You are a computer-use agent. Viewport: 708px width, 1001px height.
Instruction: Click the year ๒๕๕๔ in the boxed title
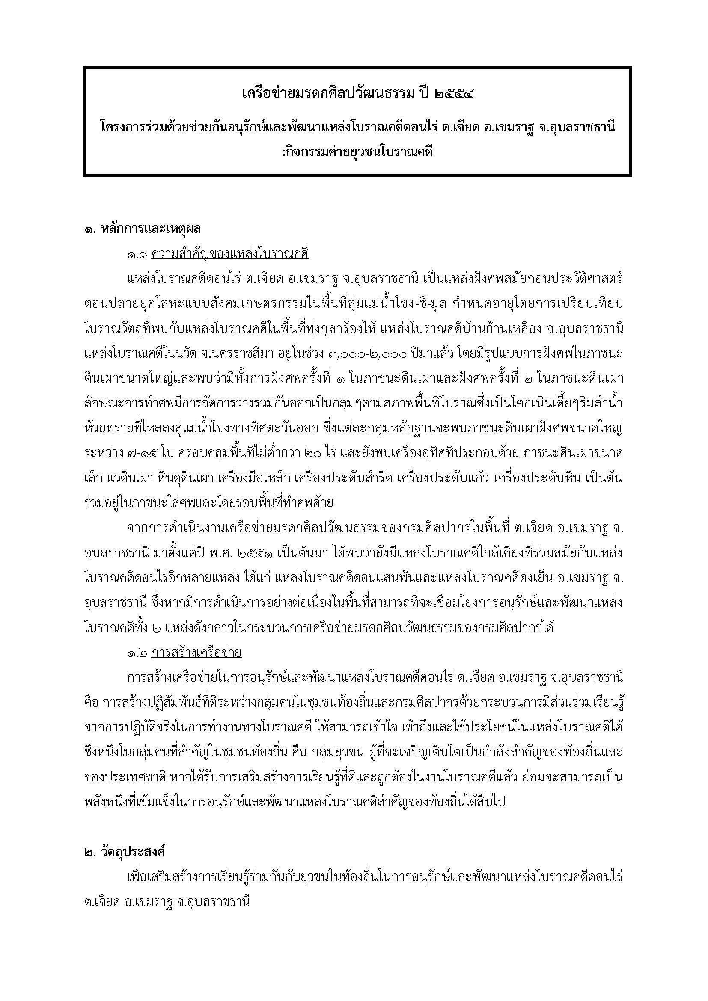tap(453, 93)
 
